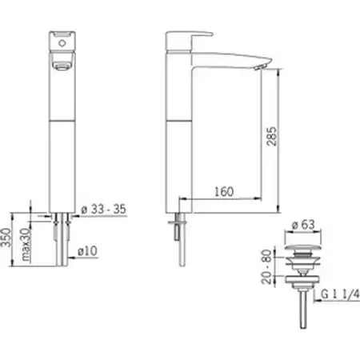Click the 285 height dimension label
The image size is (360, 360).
click(x=272, y=136)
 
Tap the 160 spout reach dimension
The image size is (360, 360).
click(x=224, y=191)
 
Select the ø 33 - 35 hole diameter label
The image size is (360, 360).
click(x=103, y=209)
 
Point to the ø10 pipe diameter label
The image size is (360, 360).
click(x=87, y=251)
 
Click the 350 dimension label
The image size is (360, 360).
click(x=6, y=238)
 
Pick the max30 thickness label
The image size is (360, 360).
click(x=26, y=245)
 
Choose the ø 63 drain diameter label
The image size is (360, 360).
click(x=303, y=225)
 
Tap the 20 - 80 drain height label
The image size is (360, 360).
click(x=266, y=266)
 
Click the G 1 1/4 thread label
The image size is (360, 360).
click(x=340, y=294)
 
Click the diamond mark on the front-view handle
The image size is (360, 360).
click(x=62, y=43)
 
